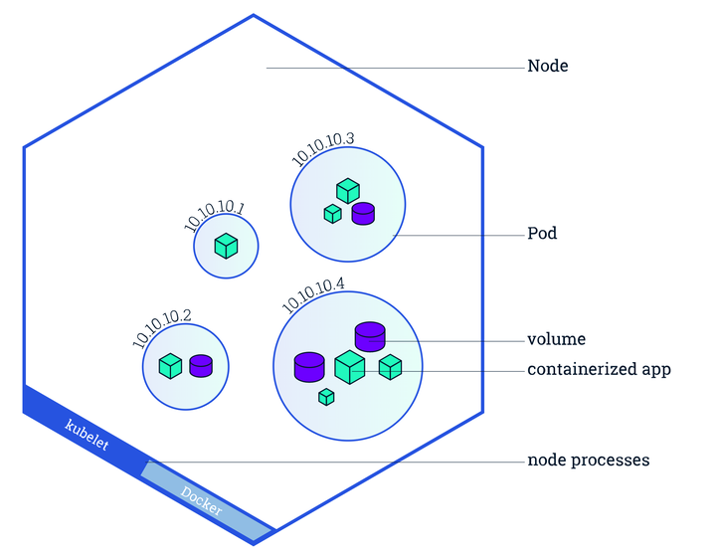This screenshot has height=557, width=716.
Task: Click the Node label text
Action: tap(548, 67)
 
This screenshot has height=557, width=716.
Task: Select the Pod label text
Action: tap(542, 234)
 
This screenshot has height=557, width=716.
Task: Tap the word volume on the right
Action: tap(556, 339)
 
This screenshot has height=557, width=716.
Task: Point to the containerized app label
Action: tap(599, 369)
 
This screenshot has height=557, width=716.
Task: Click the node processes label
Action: tap(588, 461)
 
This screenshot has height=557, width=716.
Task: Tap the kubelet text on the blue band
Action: tap(87, 435)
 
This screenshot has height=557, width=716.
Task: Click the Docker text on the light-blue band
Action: tap(201, 500)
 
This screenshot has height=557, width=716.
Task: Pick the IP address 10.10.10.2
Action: tap(161, 327)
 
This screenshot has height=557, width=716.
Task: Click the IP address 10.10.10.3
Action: tap(322, 148)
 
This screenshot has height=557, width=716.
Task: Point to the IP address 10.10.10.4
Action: tap(313, 295)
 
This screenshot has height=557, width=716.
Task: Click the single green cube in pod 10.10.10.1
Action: tap(226, 246)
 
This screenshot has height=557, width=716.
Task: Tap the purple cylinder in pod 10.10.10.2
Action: tap(201, 366)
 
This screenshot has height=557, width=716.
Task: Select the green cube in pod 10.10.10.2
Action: tap(170, 366)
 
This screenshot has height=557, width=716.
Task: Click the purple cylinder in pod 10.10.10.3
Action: tap(363, 214)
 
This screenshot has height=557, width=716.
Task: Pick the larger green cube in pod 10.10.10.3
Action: tap(348, 191)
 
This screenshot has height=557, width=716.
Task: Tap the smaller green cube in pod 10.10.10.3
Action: tap(333, 214)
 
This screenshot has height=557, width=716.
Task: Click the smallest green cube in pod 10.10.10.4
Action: tap(326, 397)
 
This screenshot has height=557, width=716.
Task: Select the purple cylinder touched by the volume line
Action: tap(370, 337)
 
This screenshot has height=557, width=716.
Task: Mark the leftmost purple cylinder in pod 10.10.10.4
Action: tap(309, 367)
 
